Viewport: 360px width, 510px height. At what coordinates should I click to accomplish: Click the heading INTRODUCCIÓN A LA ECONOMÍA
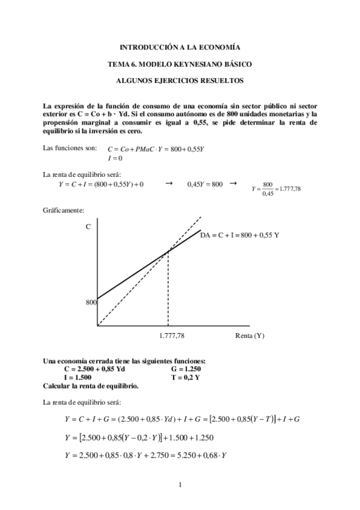(180, 47)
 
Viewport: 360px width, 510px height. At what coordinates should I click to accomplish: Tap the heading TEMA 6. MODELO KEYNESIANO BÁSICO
(180, 63)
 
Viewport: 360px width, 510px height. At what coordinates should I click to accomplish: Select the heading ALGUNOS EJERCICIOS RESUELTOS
(180, 79)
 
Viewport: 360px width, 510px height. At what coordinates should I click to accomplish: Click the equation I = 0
(115, 159)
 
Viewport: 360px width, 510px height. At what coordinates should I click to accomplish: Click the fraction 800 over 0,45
(268, 189)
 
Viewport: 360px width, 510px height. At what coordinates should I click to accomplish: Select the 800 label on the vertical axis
(91, 303)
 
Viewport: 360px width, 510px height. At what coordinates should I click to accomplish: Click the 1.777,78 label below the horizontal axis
(172, 336)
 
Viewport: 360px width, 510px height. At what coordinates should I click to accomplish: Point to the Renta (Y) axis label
(249, 336)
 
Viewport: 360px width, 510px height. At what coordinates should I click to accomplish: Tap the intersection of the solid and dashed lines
(168, 253)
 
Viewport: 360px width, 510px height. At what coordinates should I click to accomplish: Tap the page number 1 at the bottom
(180, 485)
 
